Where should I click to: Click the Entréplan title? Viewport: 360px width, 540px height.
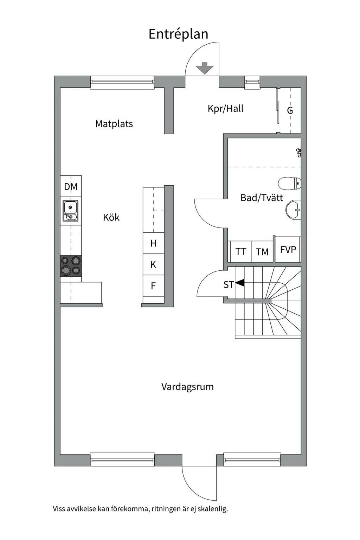click(178, 34)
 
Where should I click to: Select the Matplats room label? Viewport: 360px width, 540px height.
click(114, 124)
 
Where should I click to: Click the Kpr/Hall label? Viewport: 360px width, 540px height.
click(225, 109)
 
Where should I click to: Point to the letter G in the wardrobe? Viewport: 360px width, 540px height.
click(290, 111)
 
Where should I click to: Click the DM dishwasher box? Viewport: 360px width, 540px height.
click(71, 186)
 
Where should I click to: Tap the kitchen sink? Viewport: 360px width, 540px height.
click(71, 212)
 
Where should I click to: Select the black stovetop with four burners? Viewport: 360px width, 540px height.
click(71, 265)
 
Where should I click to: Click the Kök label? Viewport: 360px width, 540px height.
click(111, 217)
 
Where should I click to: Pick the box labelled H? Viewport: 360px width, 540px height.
click(153, 243)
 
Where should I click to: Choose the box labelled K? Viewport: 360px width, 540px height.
click(153, 264)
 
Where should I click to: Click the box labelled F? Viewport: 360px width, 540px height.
click(153, 286)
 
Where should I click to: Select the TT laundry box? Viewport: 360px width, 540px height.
click(240, 252)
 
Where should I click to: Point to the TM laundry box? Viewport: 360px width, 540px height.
click(262, 252)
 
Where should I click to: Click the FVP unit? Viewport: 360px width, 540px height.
click(288, 250)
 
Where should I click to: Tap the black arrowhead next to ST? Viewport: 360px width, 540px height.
click(240, 283)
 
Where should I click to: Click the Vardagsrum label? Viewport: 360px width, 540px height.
click(187, 387)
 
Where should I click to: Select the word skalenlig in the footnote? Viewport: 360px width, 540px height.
click(212, 509)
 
